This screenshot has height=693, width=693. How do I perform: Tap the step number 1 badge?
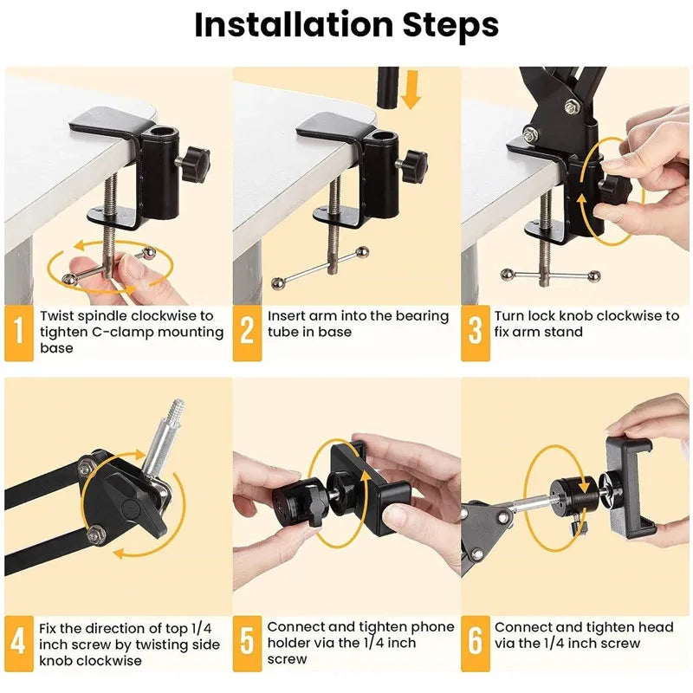19,332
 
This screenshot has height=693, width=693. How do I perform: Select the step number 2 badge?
247,332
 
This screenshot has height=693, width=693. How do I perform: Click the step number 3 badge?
475,332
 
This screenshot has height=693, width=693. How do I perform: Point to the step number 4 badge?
19,643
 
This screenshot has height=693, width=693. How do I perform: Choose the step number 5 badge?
247,643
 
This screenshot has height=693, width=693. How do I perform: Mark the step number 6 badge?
475,643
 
